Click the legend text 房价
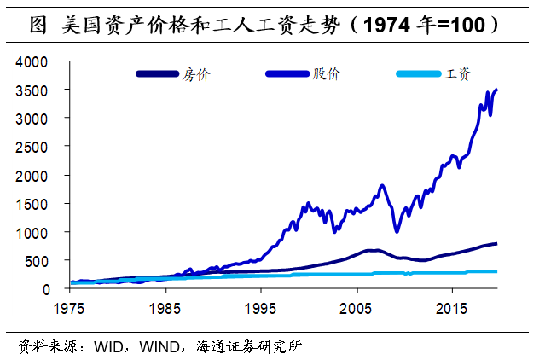195,74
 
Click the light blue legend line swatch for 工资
417,74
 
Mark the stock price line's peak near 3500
497,90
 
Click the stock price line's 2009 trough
396,231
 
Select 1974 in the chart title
384,26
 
